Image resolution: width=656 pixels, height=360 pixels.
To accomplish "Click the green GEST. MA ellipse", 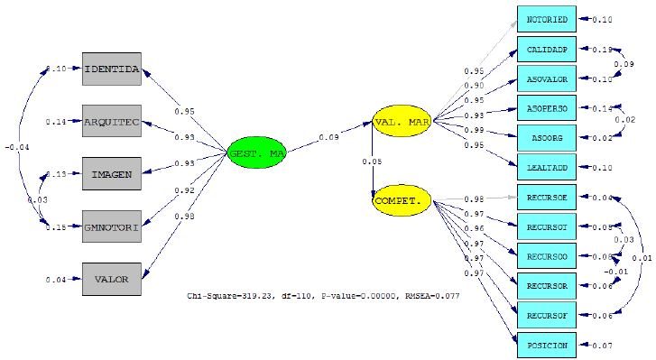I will click(x=257, y=154).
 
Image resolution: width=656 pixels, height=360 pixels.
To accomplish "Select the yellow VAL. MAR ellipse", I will click(x=402, y=122).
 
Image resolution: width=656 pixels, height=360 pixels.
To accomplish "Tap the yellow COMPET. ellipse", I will click(x=402, y=200).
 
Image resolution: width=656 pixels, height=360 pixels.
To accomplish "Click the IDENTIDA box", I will click(x=111, y=69).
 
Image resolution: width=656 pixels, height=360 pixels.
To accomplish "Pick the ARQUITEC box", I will click(x=111, y=121).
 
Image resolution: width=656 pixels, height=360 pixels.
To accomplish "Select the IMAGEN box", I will click(x=111, y=173).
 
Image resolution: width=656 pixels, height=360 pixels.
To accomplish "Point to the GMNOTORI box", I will click(x=111, y=226).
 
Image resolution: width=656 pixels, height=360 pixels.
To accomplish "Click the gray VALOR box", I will click(x=111, y=279).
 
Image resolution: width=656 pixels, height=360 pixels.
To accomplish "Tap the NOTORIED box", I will click(x=546, y=19).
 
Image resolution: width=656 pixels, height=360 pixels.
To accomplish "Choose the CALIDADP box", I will click(x=546, y=49).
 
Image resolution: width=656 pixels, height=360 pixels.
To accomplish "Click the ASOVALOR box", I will click(x=546, y=78).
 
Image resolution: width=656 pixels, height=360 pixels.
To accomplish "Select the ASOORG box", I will click(x=546, y=137).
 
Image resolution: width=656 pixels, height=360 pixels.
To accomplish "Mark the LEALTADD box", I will click(x=546, y=167).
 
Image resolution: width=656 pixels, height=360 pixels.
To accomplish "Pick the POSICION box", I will click(x=546, y=345).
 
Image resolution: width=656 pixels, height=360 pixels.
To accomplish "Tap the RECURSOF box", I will click(x=546, y=315).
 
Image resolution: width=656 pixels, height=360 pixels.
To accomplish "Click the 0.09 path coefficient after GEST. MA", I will click(x=328, y=137).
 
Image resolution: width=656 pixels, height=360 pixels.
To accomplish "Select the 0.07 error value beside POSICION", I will click(x=603, y=345).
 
